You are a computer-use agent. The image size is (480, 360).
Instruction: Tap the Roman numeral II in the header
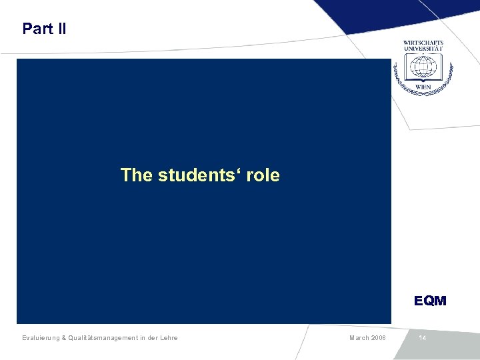[x=60, y=29]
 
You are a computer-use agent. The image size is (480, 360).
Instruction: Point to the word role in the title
[x=263, y=175]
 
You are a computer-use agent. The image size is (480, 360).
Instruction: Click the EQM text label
[x=430, y=301]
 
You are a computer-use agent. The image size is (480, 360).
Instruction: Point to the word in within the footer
[x=143, y=338]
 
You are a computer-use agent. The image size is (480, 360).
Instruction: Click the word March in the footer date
[x=360, y=338]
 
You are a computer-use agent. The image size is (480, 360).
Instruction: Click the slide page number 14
[x=423, y=338]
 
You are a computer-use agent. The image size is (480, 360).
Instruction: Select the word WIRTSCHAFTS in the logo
[x=423, y=43]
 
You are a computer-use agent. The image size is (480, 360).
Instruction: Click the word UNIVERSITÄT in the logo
[x=423, y=49]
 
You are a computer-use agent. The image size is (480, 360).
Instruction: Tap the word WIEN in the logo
[x=423, y=87]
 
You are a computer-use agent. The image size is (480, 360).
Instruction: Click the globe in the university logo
[x=423, y=68]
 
